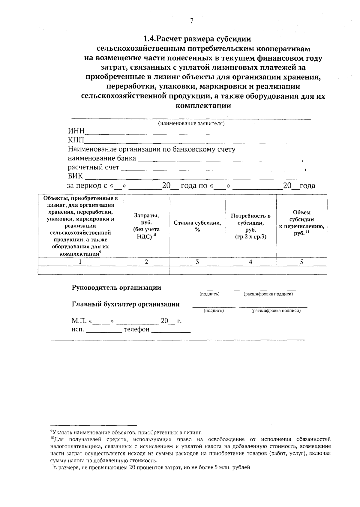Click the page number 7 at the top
(x=192, y=21)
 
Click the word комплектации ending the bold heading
(x=203, y=106)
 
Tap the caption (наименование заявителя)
(x=191, y=124)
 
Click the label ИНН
(x=76, y=131)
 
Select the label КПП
(x=76, y=140)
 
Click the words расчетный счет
(x=93, y=167)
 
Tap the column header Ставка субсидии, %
(x=197, y=226)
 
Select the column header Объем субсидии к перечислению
(x=301, y=223)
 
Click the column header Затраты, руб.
(x=146, y=226)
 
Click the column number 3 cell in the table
(x=197, y=262)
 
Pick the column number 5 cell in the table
(x=301, y=262)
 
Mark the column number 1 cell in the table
(x=80, y=262)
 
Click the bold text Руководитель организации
(x=116, y=288)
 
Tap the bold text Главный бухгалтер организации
(x=126, y=304)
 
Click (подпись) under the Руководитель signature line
(x=210, y=294)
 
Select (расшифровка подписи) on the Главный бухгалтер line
(x=276, y=311)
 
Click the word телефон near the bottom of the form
(x=136, y=329)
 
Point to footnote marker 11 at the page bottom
(x=52, y=467)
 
